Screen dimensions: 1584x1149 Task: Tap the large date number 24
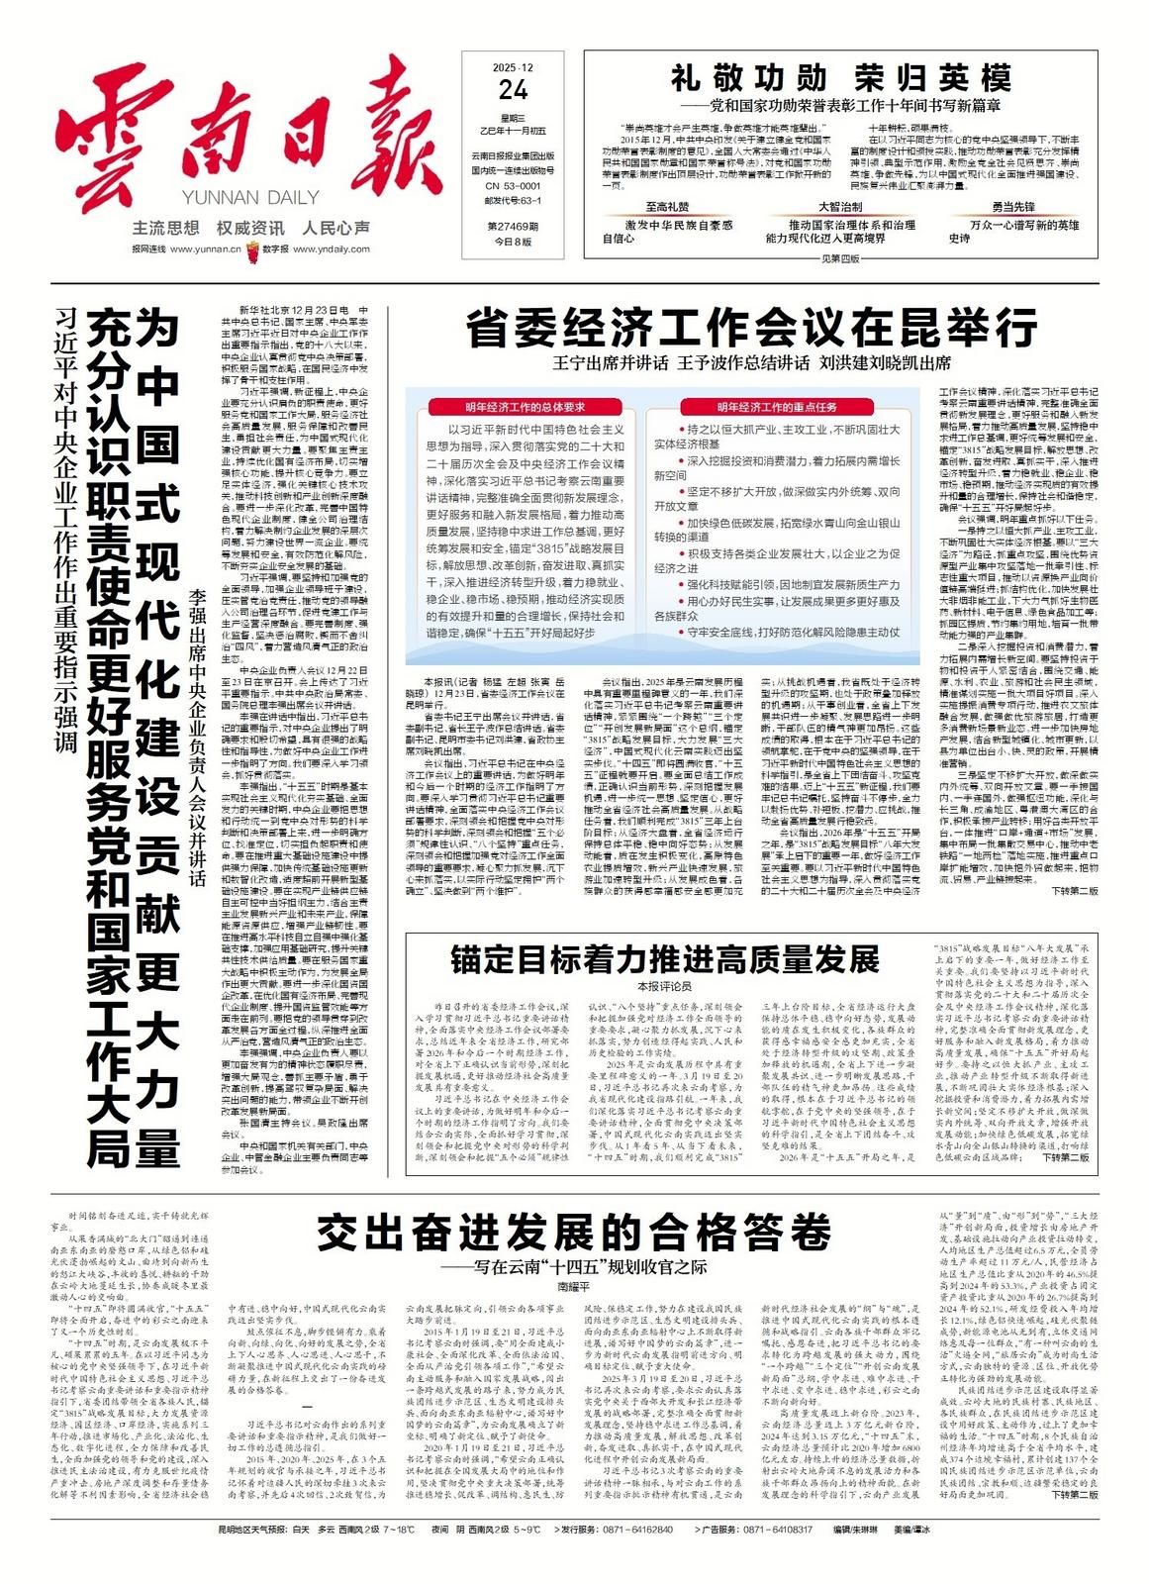pos(513,91)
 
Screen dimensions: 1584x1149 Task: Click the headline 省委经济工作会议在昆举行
pos(751,328)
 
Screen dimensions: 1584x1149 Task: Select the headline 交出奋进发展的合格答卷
pos(573,1234)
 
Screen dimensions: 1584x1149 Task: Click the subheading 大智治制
pos(838,207)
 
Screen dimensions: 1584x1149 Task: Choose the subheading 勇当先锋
pos(1013,207)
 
